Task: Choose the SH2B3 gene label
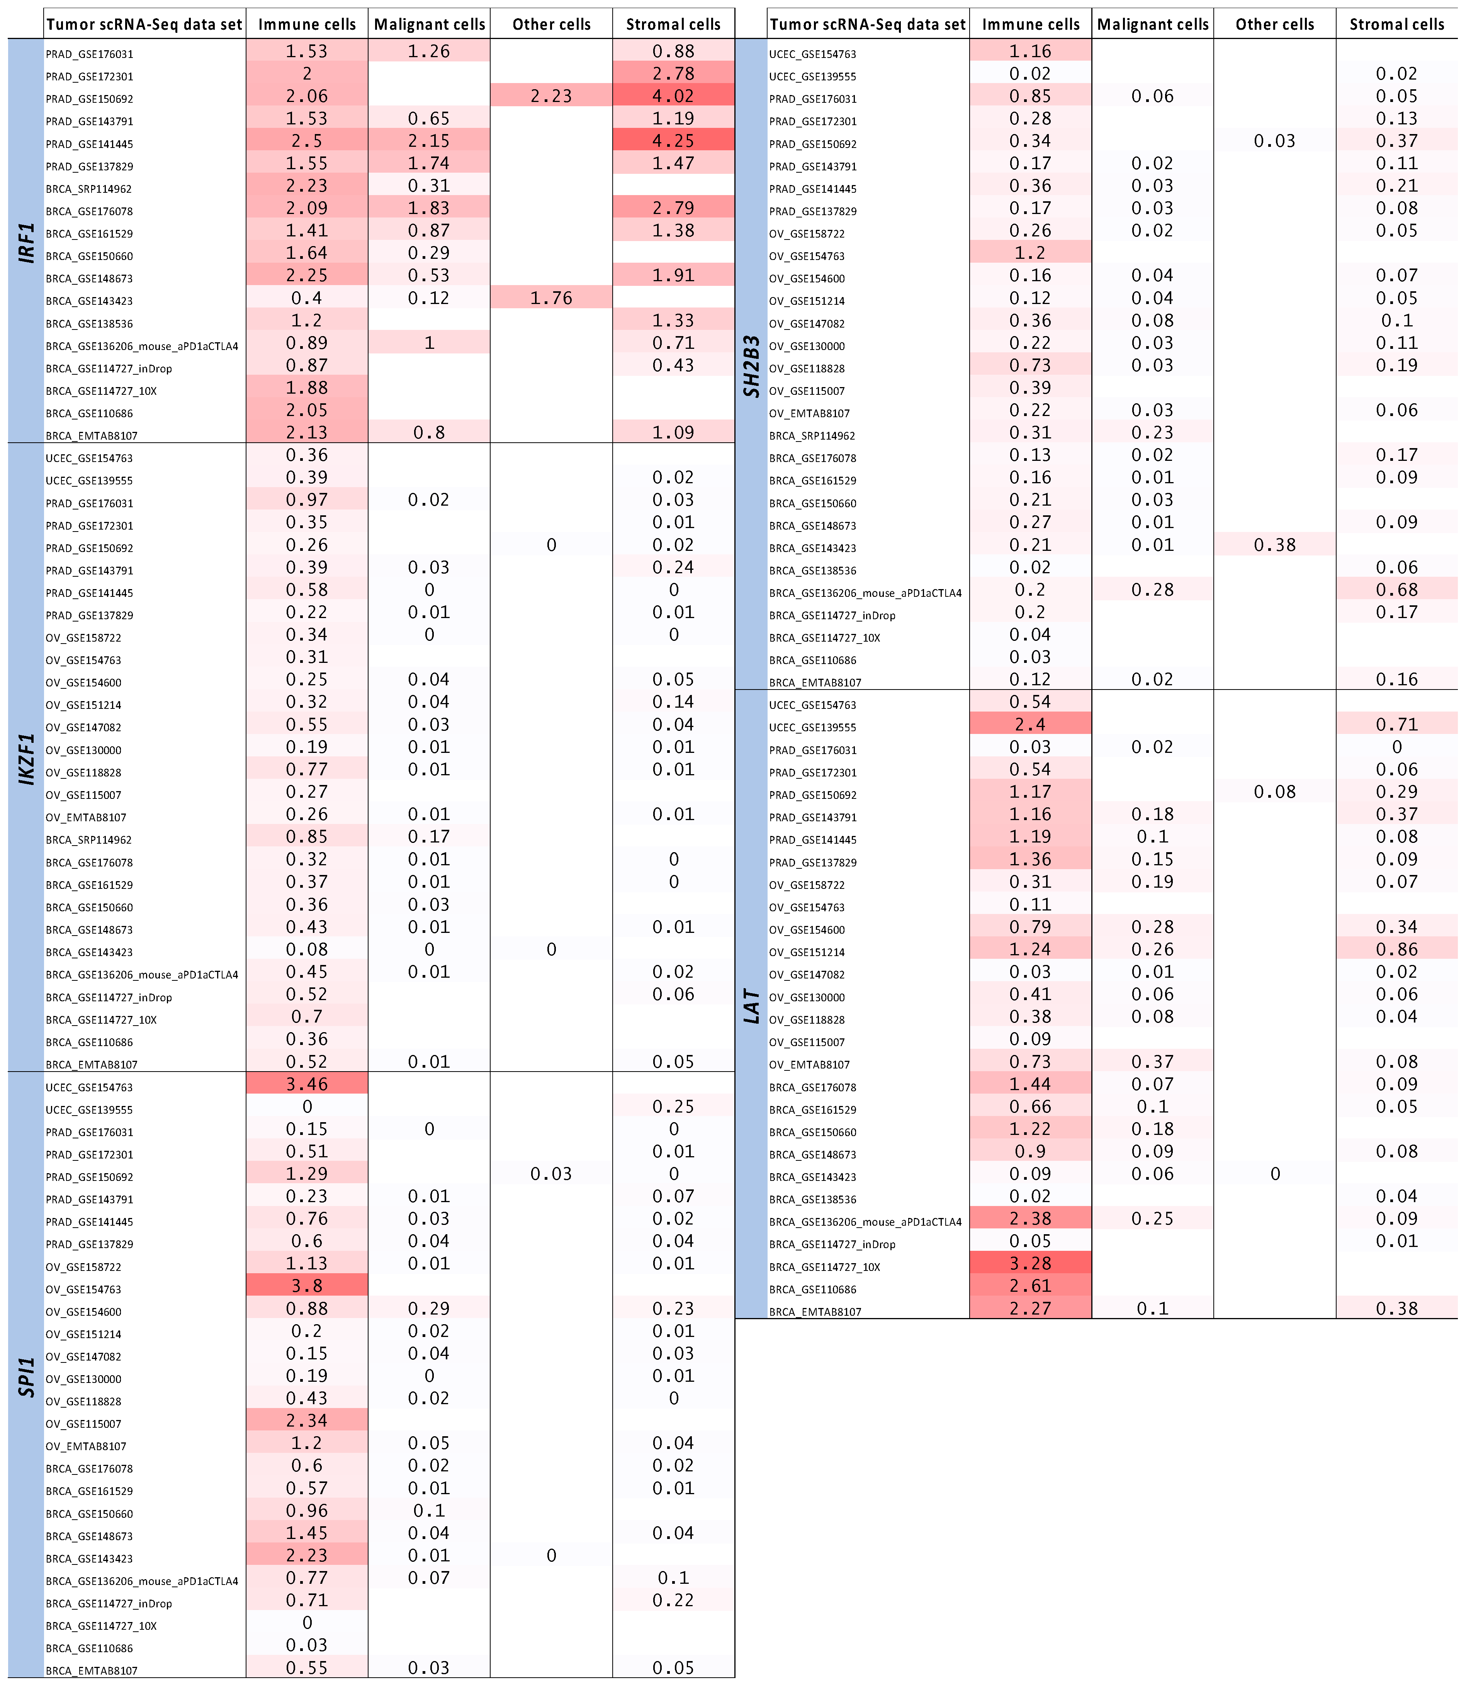coord(751,366)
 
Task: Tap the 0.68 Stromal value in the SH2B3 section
coord(1396,590)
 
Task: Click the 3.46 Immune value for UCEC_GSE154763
coord(307,1085)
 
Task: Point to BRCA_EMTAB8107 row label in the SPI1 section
coord(92,1670)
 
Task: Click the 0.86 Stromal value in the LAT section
coord(1396,950)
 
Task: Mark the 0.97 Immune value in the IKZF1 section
coord(307,500)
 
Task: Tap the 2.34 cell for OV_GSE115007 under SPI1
coord(307,1421)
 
